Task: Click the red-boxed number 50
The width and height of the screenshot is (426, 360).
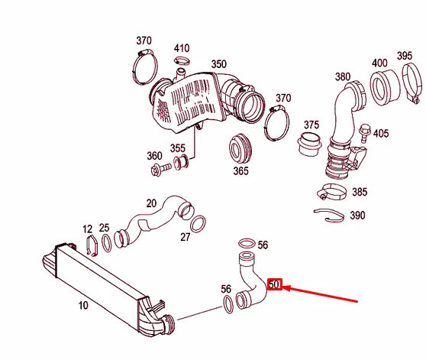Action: pos(276,286)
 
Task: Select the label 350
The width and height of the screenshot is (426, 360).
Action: pos(218,64)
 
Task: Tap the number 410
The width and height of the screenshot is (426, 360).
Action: pos(182,49)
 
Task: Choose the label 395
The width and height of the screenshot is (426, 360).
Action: pos(405,57)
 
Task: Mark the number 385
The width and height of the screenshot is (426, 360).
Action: pos(359,192)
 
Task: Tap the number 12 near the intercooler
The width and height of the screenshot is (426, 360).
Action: pos(87,228)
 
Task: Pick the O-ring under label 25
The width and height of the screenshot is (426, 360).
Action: pos(106,243)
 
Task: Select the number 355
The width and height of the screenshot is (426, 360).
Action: pos(177,148)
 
